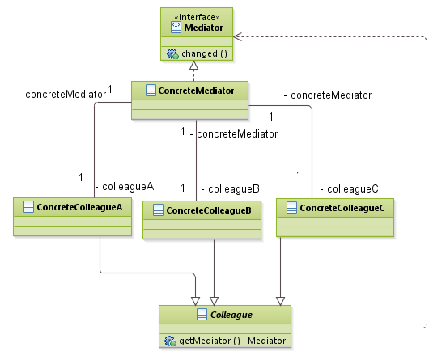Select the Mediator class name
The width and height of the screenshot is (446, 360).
click(x=205, y=27)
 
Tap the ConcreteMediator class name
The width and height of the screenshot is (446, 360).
click(x=197, y=90)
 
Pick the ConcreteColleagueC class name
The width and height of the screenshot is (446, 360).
click(x=342, y=208)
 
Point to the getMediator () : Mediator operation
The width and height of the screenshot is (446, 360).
click(x=233, y=341)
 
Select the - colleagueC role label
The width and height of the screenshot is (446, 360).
click(x=349, y=188)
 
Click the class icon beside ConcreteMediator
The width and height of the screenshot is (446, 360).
click(x=150, y=90)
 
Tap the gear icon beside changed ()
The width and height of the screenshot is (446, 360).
click(x=172, y=53)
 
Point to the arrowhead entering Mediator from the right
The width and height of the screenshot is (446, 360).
click(x=239, y=36)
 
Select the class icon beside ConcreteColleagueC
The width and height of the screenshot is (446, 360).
click(x=291, y=208)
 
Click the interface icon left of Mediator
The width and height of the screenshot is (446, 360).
click(x=176, y=27)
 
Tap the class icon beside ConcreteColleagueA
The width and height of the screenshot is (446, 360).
click(x=28, y=207)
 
